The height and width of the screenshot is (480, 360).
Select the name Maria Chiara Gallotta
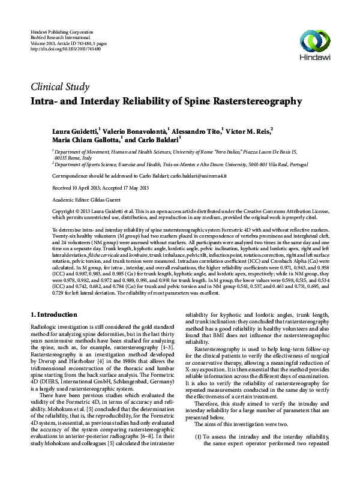pyautogui.click(x=85, y=139)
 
